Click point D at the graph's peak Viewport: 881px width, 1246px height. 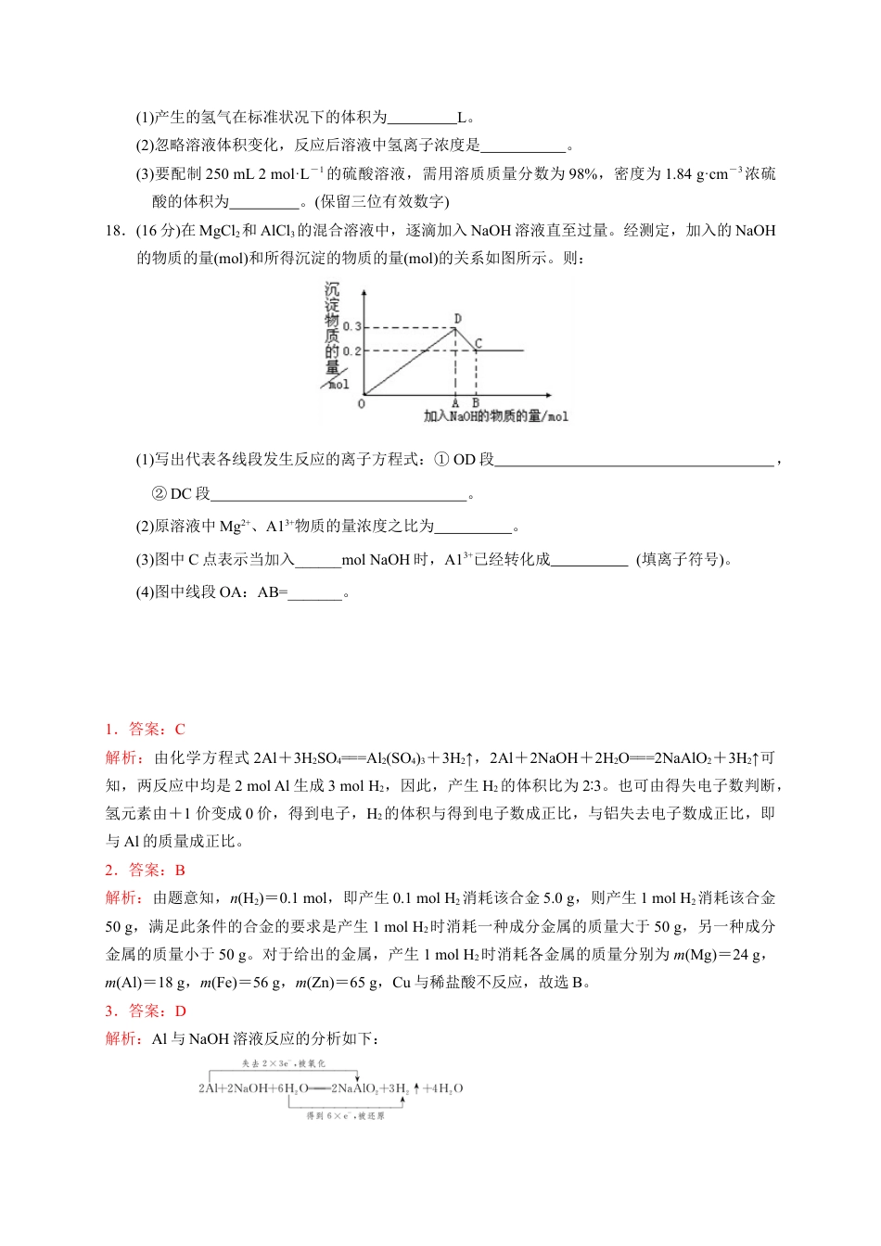coord(457,319)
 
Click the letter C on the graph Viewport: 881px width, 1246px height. coord(479,344)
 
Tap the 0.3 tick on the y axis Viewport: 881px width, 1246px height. coord(351,326)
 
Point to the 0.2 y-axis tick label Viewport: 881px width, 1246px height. coord(351,351)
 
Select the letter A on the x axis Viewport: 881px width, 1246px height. coord(455,402)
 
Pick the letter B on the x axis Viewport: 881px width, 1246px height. coord(476,402)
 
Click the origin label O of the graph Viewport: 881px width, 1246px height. coord(362,403)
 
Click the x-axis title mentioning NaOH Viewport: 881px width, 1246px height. coord(495,416)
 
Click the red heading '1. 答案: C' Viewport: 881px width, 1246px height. coord(145,730)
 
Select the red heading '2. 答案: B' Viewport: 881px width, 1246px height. coord(145,871)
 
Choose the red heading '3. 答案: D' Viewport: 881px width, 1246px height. coord(145,1011)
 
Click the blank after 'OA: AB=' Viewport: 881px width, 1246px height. coord(315,593)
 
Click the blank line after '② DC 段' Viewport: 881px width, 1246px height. coord(338,495)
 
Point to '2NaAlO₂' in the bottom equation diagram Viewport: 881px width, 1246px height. coord(354,1088)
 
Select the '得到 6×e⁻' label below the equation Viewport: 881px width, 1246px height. coord(345,1116)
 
